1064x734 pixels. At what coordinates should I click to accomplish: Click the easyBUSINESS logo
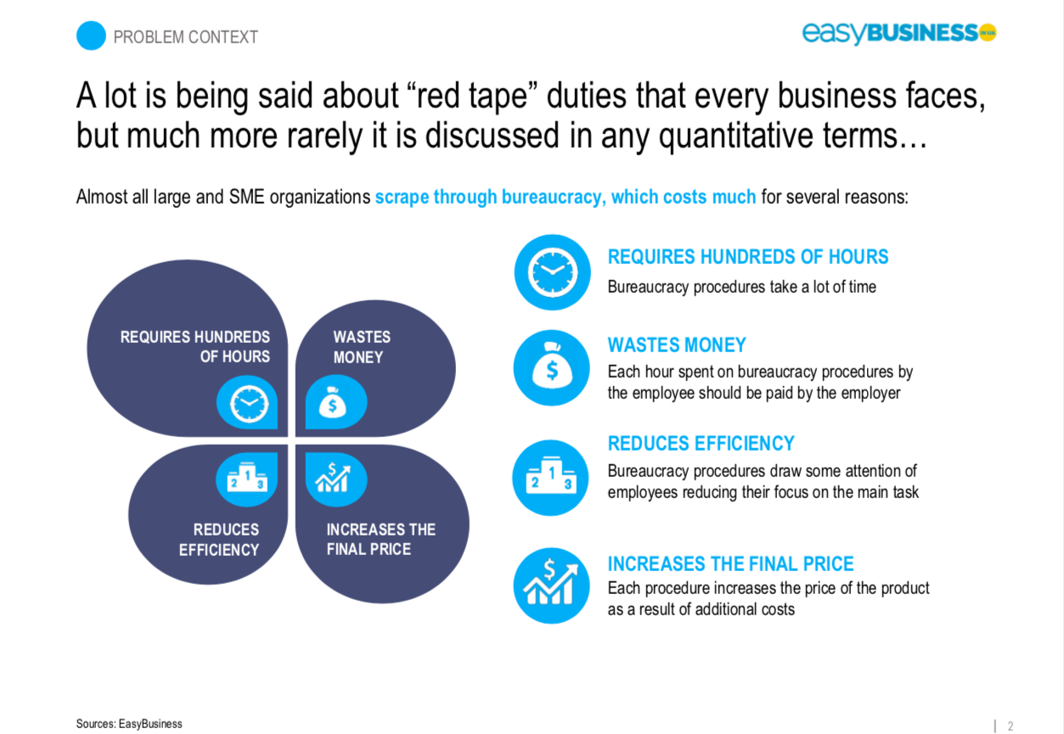pos(899,33)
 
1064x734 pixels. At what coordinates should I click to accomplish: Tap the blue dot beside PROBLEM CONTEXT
pos(91,36)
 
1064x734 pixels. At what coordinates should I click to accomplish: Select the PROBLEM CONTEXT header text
pos(185,37)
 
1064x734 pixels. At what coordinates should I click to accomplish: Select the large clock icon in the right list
pos(553,272)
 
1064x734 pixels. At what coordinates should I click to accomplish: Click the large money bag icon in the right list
pos(551,368)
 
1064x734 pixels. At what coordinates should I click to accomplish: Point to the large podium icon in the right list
pos(550,478)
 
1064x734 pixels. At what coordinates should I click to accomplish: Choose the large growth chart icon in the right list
pos(551,586)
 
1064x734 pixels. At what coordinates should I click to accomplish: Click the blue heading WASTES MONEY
pos(677,345)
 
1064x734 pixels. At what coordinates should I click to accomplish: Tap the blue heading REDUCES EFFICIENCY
pos(701,444)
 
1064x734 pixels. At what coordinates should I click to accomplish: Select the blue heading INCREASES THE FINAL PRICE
pos(730,564)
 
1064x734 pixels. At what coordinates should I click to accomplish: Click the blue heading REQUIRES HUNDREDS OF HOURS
pos(748,257)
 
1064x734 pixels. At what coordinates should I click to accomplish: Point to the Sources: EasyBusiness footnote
pos(129,724)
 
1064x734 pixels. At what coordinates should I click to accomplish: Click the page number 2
pos(1011,726)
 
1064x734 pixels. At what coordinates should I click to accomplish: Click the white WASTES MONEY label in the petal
pos(362,347)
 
